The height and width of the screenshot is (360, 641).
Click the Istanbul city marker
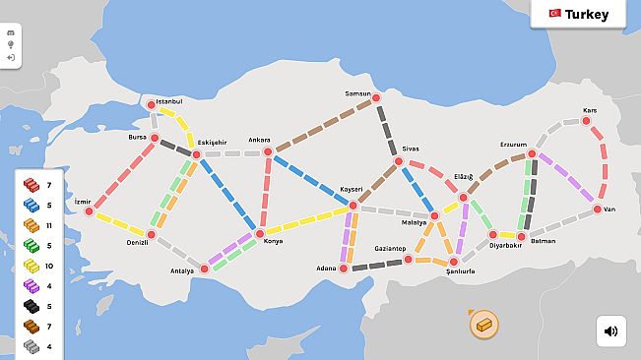152,104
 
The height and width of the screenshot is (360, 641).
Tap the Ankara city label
259,140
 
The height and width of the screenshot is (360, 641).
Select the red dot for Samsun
375,97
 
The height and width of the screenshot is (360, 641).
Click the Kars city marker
587,121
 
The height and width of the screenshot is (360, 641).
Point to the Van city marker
598,210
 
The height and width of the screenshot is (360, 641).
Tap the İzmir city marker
89,211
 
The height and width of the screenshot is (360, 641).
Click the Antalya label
182,270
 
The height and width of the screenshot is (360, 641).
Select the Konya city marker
260,234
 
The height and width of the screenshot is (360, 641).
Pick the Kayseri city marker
353,205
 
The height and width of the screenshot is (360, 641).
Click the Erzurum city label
513,144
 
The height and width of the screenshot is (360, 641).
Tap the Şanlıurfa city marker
454,262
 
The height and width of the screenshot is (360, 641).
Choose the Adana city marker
344,268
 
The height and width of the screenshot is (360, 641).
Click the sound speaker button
610,331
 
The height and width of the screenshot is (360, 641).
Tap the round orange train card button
483,324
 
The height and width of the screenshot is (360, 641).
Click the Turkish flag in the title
554,15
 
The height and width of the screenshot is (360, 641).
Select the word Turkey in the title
587,15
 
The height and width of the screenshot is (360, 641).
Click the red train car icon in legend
31,185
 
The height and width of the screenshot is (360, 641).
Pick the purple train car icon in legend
31,286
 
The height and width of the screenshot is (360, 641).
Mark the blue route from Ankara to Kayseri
309,178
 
